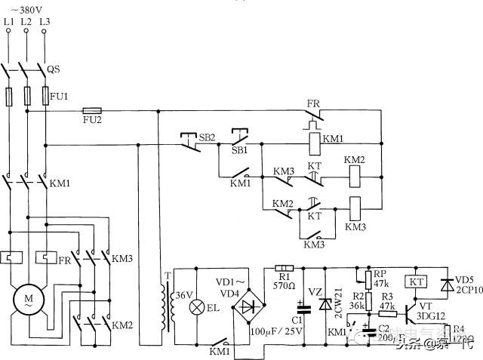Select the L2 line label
[27, 22]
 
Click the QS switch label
[54, 69]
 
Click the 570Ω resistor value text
[285, 286]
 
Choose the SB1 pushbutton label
[239, 150]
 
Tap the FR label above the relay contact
[313, 103]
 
